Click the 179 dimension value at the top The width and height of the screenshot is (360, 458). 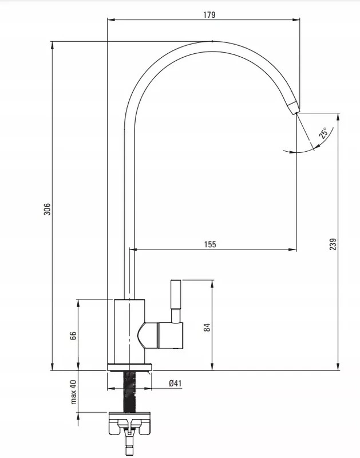click(209, 15)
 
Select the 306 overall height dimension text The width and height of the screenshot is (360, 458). click(47, 209)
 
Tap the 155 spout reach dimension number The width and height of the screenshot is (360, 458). click(210, 244)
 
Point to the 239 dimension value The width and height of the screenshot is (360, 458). click(333, 244)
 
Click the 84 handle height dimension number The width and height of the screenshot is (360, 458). click(207, 327)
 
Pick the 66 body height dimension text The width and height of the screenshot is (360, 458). click(73, 335)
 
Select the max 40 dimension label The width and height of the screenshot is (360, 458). click(73, 392)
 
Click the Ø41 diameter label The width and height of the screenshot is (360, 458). click(175, 383)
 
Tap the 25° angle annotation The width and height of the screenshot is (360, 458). click(323, 132)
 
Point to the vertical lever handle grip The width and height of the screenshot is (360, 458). click(175, 294)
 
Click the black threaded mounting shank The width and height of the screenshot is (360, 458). click(130, 392)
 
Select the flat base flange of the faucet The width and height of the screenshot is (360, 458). click(130, 367)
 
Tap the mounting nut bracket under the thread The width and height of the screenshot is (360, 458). click(130, 424)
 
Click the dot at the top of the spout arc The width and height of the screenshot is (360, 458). click(212, 41)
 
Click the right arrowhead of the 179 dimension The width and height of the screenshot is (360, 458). click(297, 20)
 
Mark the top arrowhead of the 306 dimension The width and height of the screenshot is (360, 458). click(52, 45)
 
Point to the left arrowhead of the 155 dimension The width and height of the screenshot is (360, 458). click(133, 250)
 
